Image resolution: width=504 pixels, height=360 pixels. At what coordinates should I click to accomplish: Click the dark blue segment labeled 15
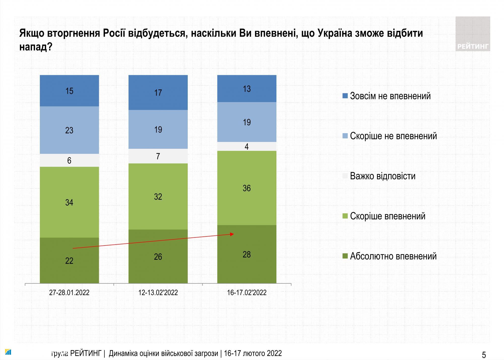[69, 91]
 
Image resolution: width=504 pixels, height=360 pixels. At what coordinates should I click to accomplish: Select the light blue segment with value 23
[69, 130]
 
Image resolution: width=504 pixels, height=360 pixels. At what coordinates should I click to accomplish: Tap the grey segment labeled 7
[158, 156]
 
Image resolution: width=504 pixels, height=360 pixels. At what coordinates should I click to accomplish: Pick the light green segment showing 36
[247, 188]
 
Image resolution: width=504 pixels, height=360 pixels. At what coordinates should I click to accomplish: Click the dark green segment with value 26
[158, 257]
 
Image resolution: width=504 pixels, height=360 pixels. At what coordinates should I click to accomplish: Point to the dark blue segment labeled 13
[247, 88]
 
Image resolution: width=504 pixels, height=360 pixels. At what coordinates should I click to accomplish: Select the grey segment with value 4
[247, 146]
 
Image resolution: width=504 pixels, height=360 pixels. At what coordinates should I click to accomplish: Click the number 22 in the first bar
[69, 261]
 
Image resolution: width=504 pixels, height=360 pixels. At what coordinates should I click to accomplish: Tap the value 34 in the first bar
[69, 202]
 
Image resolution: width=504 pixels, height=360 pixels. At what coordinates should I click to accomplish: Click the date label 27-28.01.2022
[69, 293]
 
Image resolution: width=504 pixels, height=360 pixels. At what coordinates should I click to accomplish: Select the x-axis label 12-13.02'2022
[158, 293]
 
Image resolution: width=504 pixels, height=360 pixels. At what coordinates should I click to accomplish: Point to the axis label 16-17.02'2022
[247, 293]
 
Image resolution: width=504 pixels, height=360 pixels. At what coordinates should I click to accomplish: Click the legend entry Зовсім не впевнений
[390, 96]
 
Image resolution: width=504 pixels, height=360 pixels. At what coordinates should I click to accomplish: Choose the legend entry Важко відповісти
[383, 176]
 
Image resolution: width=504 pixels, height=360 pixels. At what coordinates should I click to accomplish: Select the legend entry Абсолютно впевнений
[393, 256]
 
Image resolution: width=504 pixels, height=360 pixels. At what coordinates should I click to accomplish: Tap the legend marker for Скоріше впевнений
[345, 216]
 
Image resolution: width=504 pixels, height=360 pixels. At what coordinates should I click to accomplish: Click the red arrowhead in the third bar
[232, 234]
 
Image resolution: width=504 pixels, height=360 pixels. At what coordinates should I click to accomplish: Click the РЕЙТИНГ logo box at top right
[472, 34]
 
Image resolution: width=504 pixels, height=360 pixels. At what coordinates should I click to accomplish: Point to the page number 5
[484, 355]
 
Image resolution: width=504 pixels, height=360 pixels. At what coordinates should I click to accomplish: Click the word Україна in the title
[334, 33]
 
